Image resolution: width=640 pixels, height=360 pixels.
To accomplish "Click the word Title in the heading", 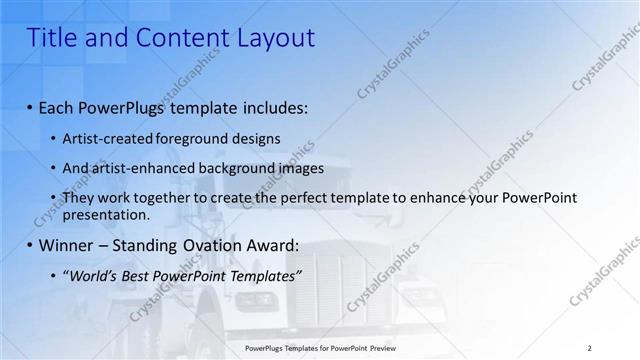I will pyautogui.click(x=48, y=38).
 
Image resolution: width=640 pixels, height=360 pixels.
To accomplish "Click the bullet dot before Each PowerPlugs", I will pyautogui.click(x=31, y=106).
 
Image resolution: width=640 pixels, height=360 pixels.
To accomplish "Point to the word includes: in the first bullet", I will pyautogui.click(x=273, y=106).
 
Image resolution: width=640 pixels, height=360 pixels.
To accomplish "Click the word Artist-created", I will pyautogui.click(x=105, y=138).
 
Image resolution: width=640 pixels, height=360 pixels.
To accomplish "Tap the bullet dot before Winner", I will pyautogui.click(x=31, y=245).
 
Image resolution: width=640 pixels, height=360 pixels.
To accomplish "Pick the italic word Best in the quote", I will pyautogui.click(x=136, y=275).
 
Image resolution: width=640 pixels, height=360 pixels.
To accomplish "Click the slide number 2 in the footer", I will pyautogui.click(x=590, y=348).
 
